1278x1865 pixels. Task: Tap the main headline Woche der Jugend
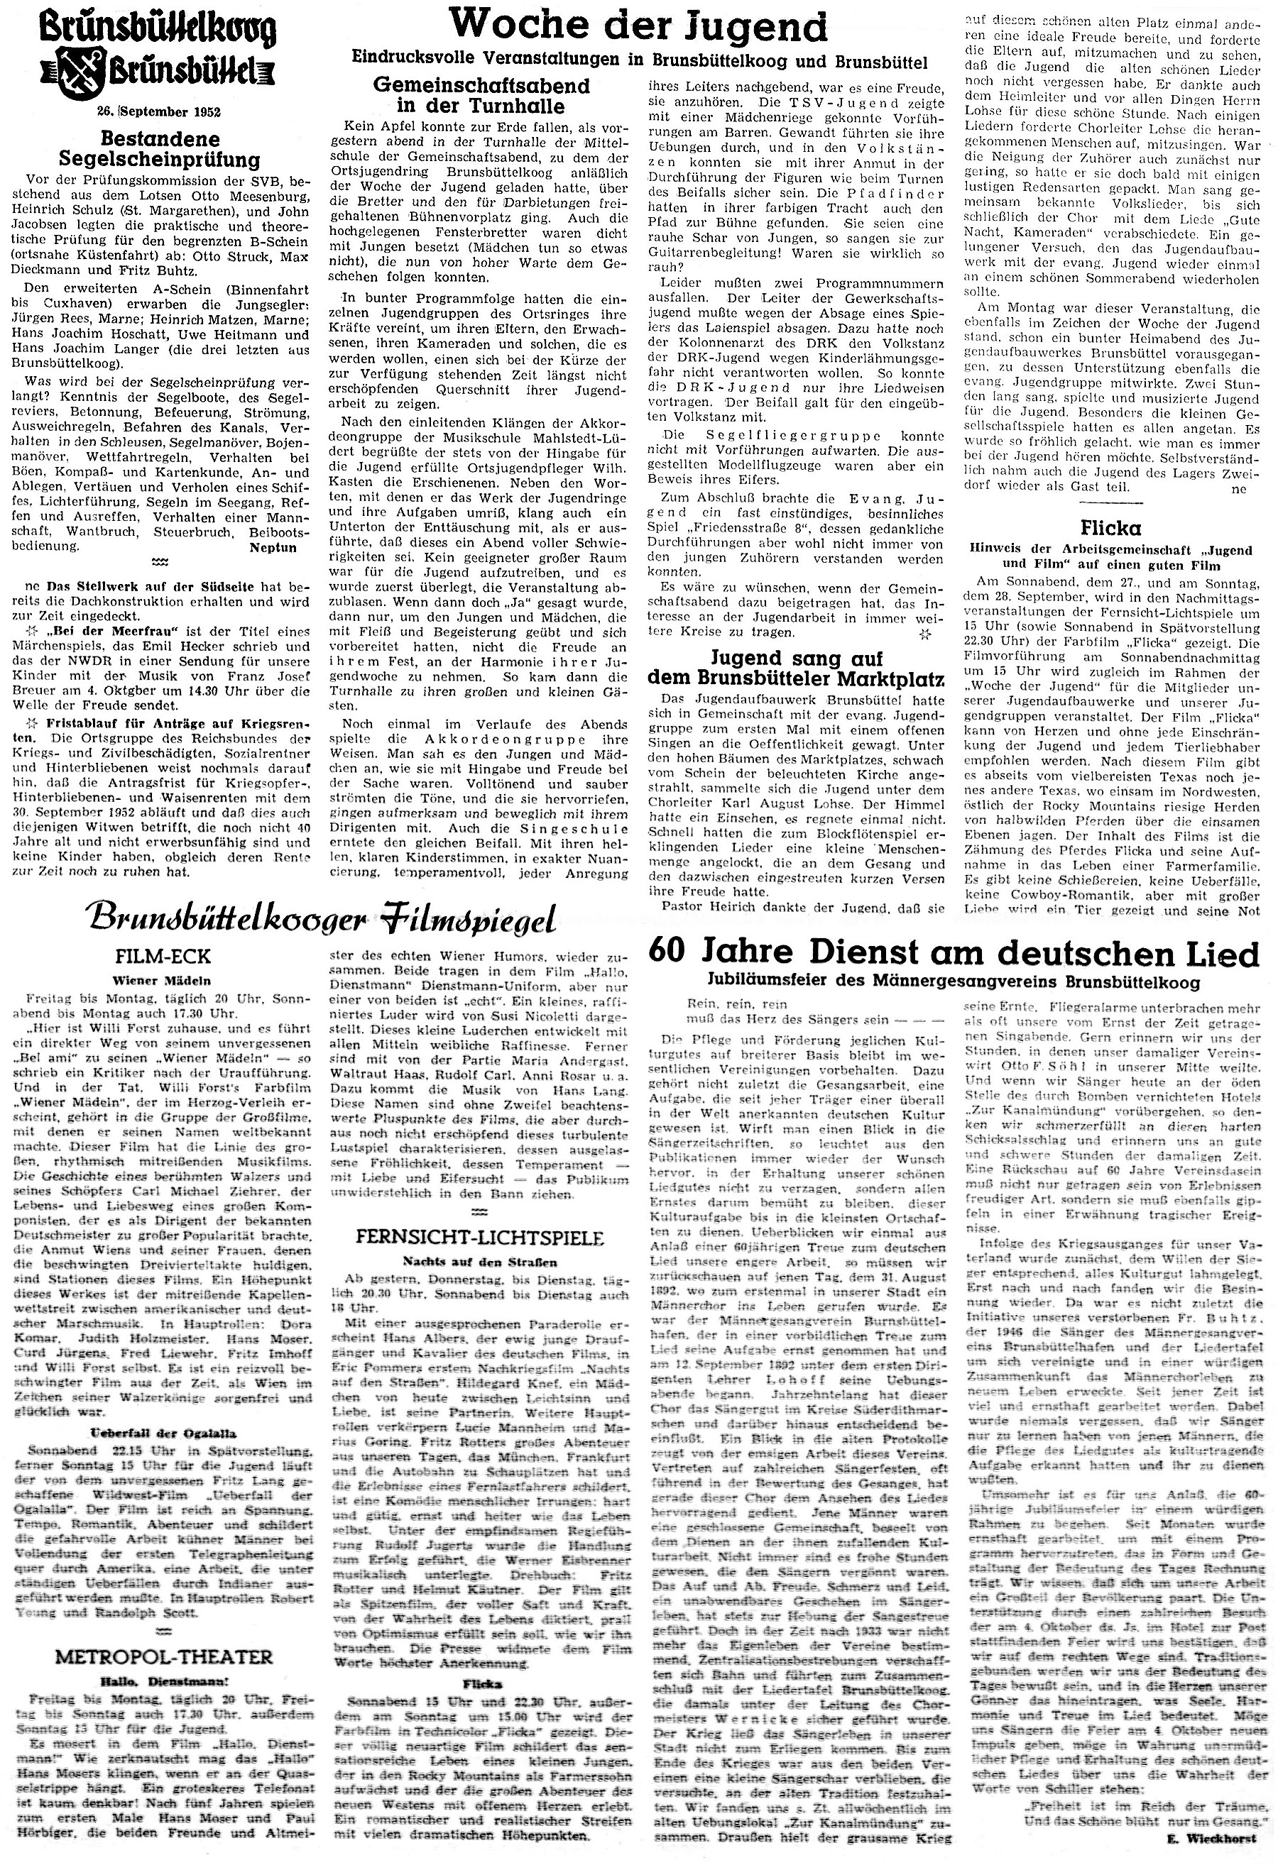point(638,26)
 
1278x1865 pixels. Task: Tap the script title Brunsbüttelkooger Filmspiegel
point(324,918)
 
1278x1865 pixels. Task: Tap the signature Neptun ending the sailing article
point(273,547)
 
